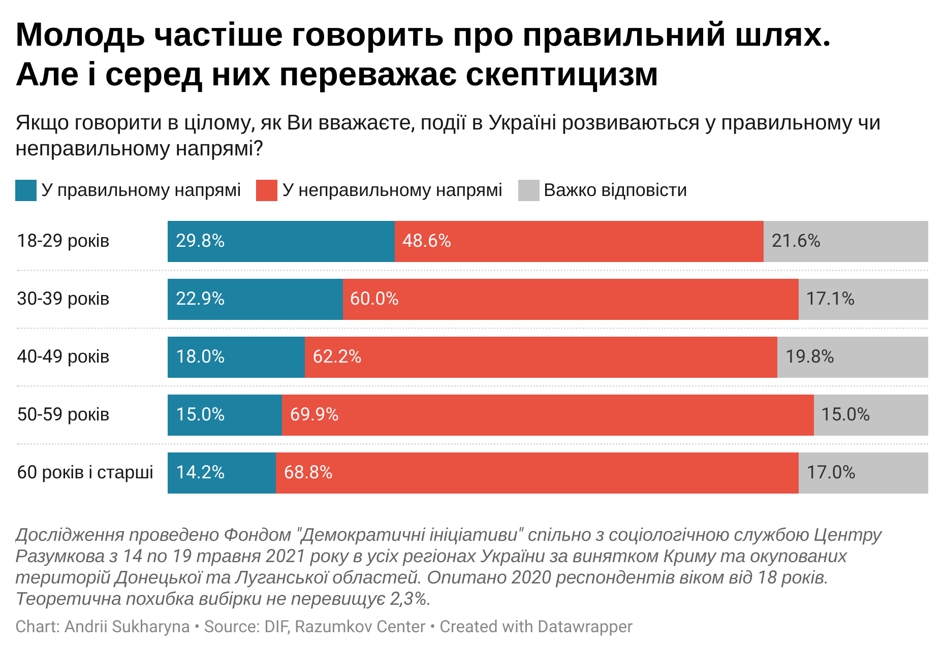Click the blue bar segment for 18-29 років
(x=281, y=241)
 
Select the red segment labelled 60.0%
(x=571, y=299)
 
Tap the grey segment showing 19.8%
(x=852, y=357)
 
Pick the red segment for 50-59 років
(x=548, y=415)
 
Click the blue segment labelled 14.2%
(x=222, y=473)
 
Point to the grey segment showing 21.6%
(x=845, y=241)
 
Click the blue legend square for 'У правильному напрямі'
(x=26, y=190)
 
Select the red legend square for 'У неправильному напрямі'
(x=267, y=190)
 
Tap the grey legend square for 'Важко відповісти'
(x=528, y=190)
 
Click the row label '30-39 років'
(x=64, y=299)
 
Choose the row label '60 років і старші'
(x=85, y=472)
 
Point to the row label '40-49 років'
(x=64, y=356)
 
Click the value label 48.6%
(x=427, y=241)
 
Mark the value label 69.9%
(x=314, y=414)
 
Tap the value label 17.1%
(x=830, y=299)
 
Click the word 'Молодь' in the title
(x=80, y=36)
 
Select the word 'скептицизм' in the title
(x=562, y=75)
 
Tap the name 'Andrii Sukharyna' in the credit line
(x=127, y=627)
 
